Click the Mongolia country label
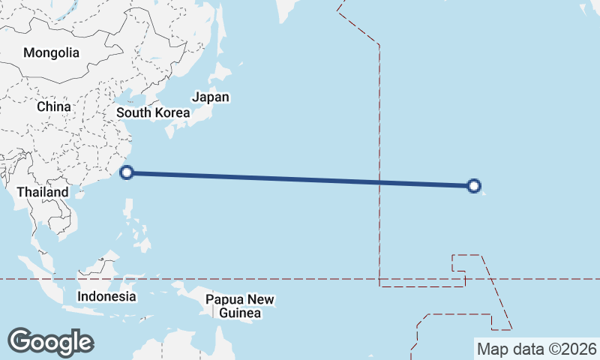click(x=51, y=53)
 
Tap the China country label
click(x=53, y=106)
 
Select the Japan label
click(x=211, y=97)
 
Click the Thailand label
click(x=43, y=192)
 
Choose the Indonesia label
click(x=106, y=296)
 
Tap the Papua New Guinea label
click(x=241, y=306)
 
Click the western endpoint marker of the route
click(x=127, y=172)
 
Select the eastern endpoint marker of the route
click(x=474, y=186)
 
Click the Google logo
click(x=50, y=341)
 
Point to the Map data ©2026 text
click(x=536, y=349)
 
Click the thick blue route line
click(x=300, y=179)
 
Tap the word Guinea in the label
click(x=241, y=313)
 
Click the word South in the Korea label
click(x=133, y=113)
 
